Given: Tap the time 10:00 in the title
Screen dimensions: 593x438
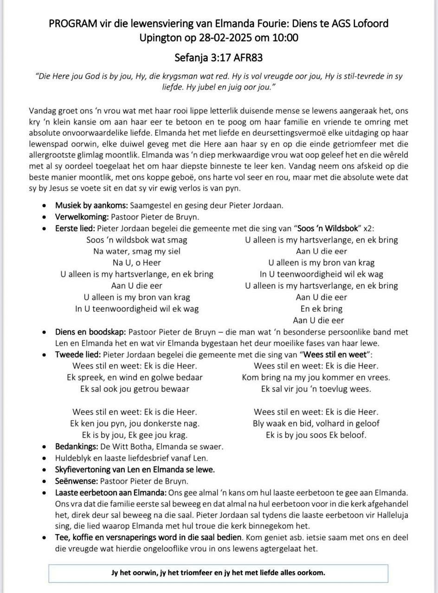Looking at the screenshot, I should point(285,38).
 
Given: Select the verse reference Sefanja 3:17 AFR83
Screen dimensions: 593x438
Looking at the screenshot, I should point(219,58).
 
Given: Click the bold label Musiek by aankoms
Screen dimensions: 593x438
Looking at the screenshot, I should point(91,205).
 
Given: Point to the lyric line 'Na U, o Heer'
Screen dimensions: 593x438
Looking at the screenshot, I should point(136,263).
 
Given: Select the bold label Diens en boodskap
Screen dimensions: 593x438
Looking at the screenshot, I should point(90,332).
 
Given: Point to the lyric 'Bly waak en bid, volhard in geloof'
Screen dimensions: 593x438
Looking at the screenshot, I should point(316,423).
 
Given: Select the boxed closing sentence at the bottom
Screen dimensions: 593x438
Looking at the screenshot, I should point(218,572).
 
